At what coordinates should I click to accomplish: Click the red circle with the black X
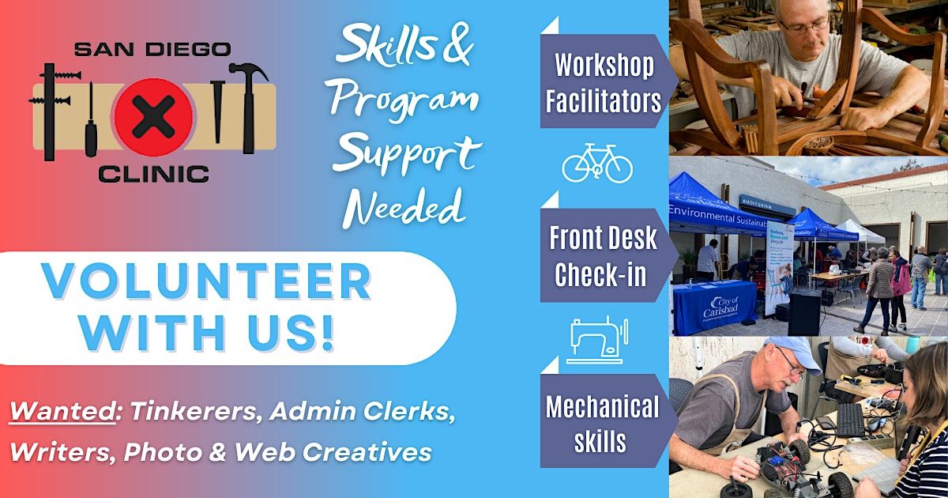(153, 117)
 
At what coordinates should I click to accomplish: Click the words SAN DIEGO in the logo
(152, 50)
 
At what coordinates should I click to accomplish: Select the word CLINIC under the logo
(153, 174)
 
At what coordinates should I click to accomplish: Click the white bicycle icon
(597, 163)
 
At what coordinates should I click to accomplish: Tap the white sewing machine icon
(597, 340)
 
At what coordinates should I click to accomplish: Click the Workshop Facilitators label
(604, 82)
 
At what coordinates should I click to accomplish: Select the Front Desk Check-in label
(604, 255)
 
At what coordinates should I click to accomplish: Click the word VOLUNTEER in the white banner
(206, 282)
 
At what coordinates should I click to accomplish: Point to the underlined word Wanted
(62, 411)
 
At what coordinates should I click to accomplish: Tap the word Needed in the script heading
(404, 206)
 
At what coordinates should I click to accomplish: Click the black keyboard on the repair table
(852, 419)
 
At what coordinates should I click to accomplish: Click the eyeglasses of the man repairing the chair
(803, 26)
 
